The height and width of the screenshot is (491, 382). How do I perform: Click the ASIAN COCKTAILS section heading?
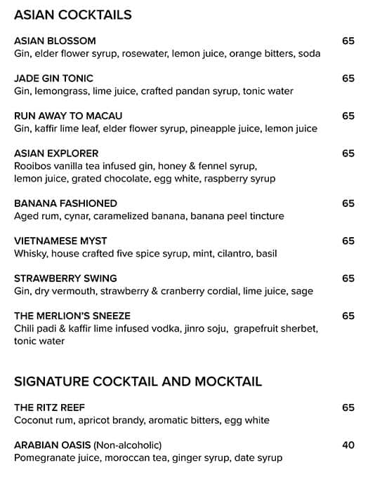(x=73, y=15)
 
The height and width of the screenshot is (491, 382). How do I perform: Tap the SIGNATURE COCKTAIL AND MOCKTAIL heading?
(x=138, y=382)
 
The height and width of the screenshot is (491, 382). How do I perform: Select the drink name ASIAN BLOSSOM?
(x=55, y=41)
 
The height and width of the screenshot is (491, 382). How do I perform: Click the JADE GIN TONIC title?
(x=53, y=79)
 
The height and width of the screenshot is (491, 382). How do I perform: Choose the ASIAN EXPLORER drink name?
(x=56, y=153)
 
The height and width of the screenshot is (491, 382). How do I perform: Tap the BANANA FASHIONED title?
(x=65, y=203)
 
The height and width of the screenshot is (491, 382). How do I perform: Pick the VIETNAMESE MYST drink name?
(x=60, y=241)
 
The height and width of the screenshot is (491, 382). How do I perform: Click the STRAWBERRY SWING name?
(x=65, y=278)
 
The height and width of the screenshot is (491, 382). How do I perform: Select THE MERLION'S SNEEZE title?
(x=72, y=316)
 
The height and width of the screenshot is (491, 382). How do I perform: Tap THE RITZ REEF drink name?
(x=49, y=408)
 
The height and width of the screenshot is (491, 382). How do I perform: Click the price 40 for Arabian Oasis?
(x=348, y=445)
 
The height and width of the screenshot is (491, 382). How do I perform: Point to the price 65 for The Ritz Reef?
(x=348, y=408)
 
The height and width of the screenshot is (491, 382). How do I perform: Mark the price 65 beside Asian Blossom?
(x=348, y=41)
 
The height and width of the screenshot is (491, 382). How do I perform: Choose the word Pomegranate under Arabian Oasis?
(x=44, y=458)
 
